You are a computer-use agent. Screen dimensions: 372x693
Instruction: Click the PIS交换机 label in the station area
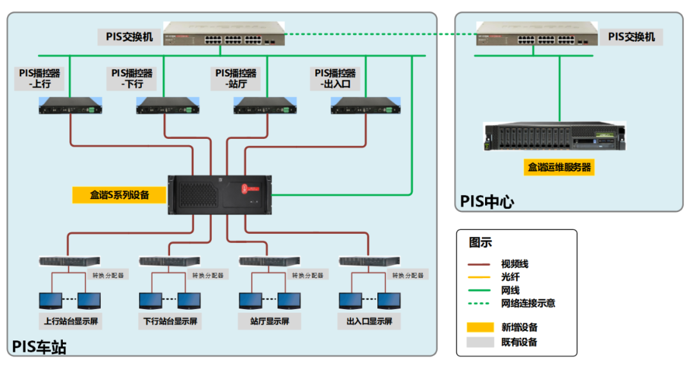[130, 37]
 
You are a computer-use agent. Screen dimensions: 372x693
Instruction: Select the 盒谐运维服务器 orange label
[558, 168]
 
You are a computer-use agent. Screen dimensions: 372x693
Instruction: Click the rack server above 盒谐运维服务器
[554, 137]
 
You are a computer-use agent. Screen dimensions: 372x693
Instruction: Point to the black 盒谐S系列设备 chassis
[219, 194]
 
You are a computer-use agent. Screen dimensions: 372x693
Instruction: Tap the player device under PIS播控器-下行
[167, 106]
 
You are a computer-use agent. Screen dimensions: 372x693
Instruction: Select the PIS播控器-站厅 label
[235, 78]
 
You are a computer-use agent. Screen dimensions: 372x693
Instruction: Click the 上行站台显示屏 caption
[70, 321]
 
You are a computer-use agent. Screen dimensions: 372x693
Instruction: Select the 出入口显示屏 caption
[369, 321]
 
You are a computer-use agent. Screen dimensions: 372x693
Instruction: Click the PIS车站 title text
[39, 348]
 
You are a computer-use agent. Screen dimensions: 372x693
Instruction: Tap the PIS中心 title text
[487, 202]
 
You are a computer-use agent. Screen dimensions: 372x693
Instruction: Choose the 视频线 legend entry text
[515, 264]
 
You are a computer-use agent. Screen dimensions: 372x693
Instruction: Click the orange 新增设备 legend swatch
[480, 327]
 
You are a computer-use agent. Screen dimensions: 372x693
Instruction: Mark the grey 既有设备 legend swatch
[480, 342]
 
